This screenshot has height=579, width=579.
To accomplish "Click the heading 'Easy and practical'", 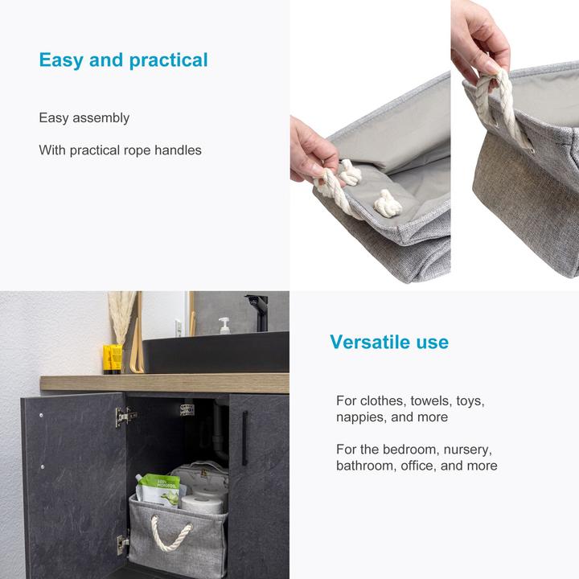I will pyautogui.click(x=123, y=60).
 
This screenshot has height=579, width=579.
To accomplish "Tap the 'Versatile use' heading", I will pyautogui.click(x=389, y=342).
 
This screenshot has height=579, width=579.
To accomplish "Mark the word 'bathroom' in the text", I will pyautogui.click(x=364, y=466).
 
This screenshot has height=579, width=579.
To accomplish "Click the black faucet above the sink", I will pyautogui.click(x=258, y=310).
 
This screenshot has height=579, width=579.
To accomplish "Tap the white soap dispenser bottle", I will pyautogui.click(x=224, y=326).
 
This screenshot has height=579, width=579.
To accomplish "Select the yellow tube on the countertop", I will pyautogui.click(x=113, y=358).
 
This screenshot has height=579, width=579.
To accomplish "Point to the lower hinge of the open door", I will pyautogui.click(x=122, y=544).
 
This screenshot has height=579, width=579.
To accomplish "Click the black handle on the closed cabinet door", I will pyautogui.click(x=245, y=438).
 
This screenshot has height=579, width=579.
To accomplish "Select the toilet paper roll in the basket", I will pyautogui.click(x=201, y=503).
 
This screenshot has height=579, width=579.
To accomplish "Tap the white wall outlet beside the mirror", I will pyautogui.click(x=178, y=328).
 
